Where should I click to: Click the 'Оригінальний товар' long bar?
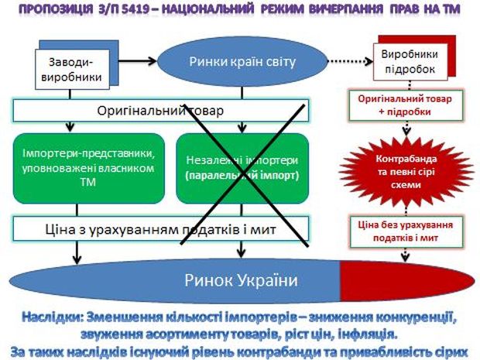(x=161, y=110)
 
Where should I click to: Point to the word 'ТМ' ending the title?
(x=457, y=10)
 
